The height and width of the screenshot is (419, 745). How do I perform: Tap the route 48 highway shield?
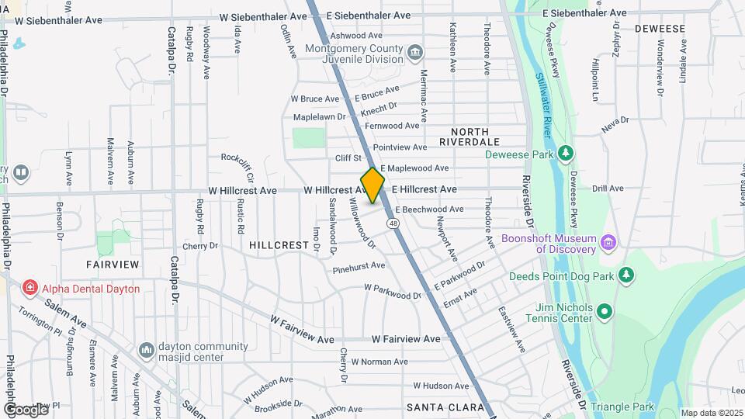tap(394, 223)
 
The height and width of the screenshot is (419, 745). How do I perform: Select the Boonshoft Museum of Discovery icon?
tap(609, 244)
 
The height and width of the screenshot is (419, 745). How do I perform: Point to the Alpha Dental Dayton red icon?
tap(30, 289)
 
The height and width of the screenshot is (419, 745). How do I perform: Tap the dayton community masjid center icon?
tap(146, 351)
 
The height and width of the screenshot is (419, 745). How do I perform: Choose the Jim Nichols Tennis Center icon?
tap(605, 313)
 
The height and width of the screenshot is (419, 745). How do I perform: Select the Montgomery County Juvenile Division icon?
tap(416, 53)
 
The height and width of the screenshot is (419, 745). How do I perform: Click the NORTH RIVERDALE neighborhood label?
tap(469, 137)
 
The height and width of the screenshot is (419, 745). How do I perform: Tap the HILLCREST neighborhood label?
tap(279, 244)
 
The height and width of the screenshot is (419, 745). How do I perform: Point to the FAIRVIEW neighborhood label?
tap(113, 265)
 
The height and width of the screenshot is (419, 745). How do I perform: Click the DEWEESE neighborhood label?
tap(660, 29)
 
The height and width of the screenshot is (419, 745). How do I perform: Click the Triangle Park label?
tap(622, 407)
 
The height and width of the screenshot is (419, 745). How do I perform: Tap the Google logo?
tap(25, 409)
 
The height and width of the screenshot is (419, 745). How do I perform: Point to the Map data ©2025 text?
tap(710, 413)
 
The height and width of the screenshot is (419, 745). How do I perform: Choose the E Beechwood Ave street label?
tap(429, 209)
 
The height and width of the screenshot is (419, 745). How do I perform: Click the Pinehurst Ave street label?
tap(359, 265)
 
